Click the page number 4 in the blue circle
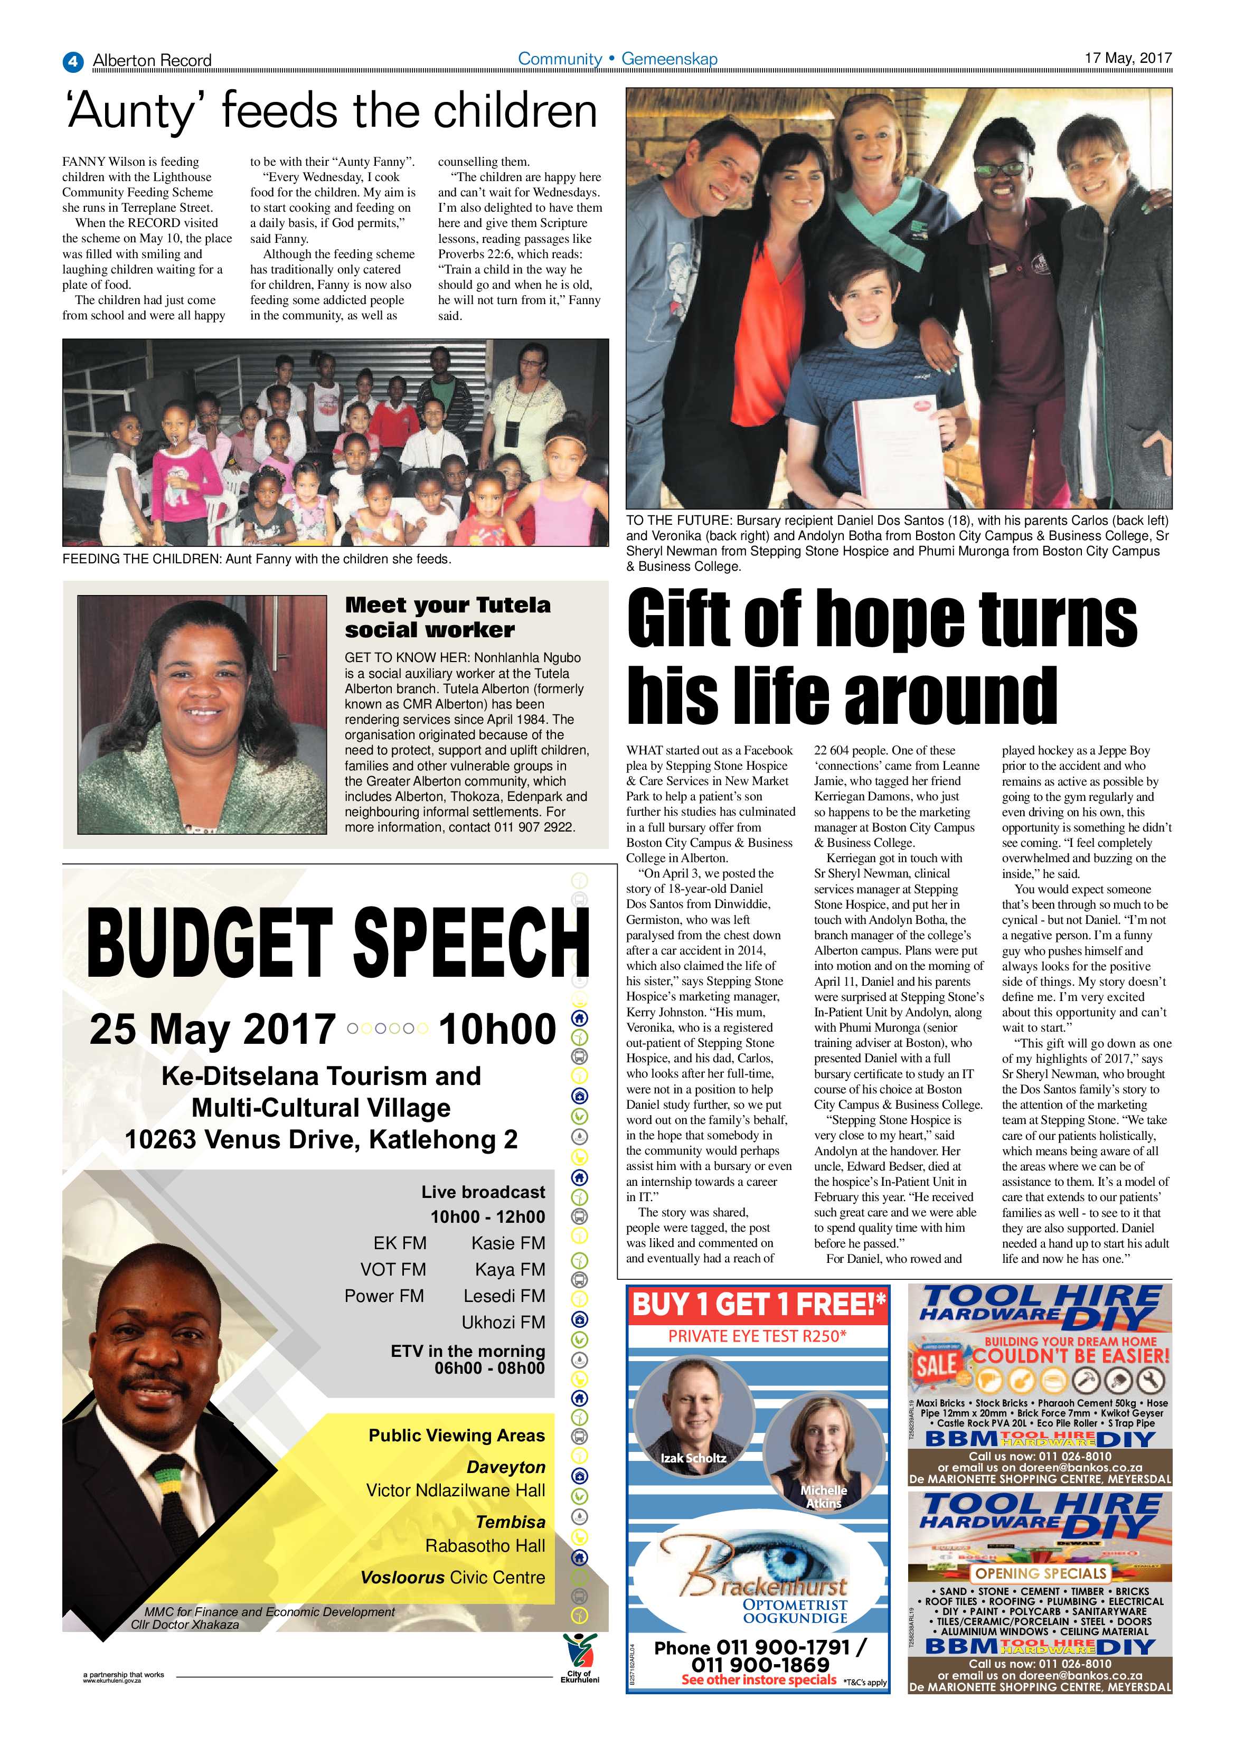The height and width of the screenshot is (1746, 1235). [x=72, y=61]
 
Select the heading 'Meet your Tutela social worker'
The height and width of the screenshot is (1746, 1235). [x=447, y=617]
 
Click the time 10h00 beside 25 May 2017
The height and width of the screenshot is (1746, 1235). [x=497, y=1029]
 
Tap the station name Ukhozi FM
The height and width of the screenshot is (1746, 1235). [x=503, y=1322]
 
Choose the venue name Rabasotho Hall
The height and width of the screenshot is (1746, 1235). [x=485, y=1545]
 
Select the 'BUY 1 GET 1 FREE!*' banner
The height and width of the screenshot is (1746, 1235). [x=758, y=1305]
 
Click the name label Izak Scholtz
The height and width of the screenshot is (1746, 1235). [x=693, y=1458]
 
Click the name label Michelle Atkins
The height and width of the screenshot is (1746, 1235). [x=824, y=1497]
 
